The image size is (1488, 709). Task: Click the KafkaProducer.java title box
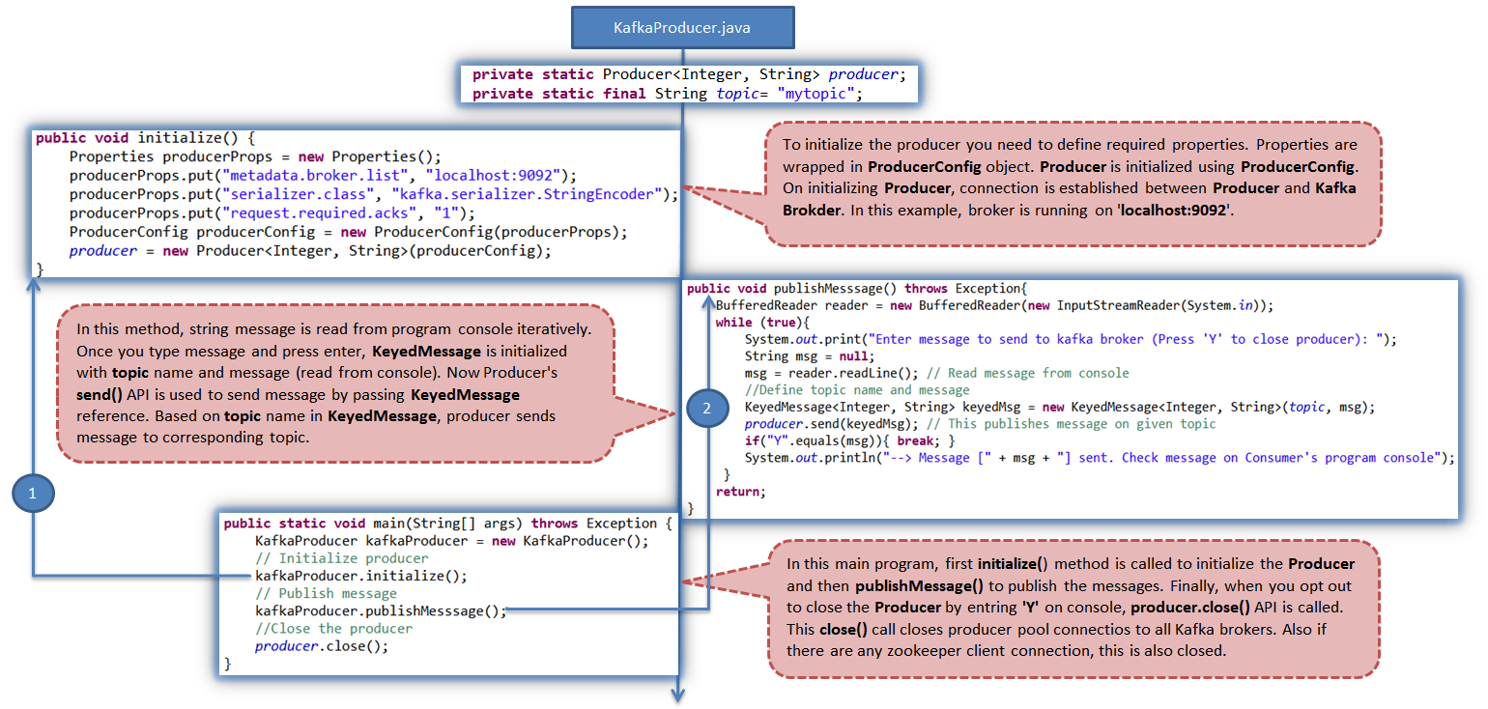(x=682, y=28)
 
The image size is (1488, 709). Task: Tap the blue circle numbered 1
(x=34, y=494)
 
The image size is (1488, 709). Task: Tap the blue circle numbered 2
(x=706, y=409)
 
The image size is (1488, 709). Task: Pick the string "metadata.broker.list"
(x=317, y=176)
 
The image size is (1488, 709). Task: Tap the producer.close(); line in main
(x=322, y=645)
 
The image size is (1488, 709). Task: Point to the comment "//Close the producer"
(x=333, y=628)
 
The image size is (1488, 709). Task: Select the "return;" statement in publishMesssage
(x=740, y=492)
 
